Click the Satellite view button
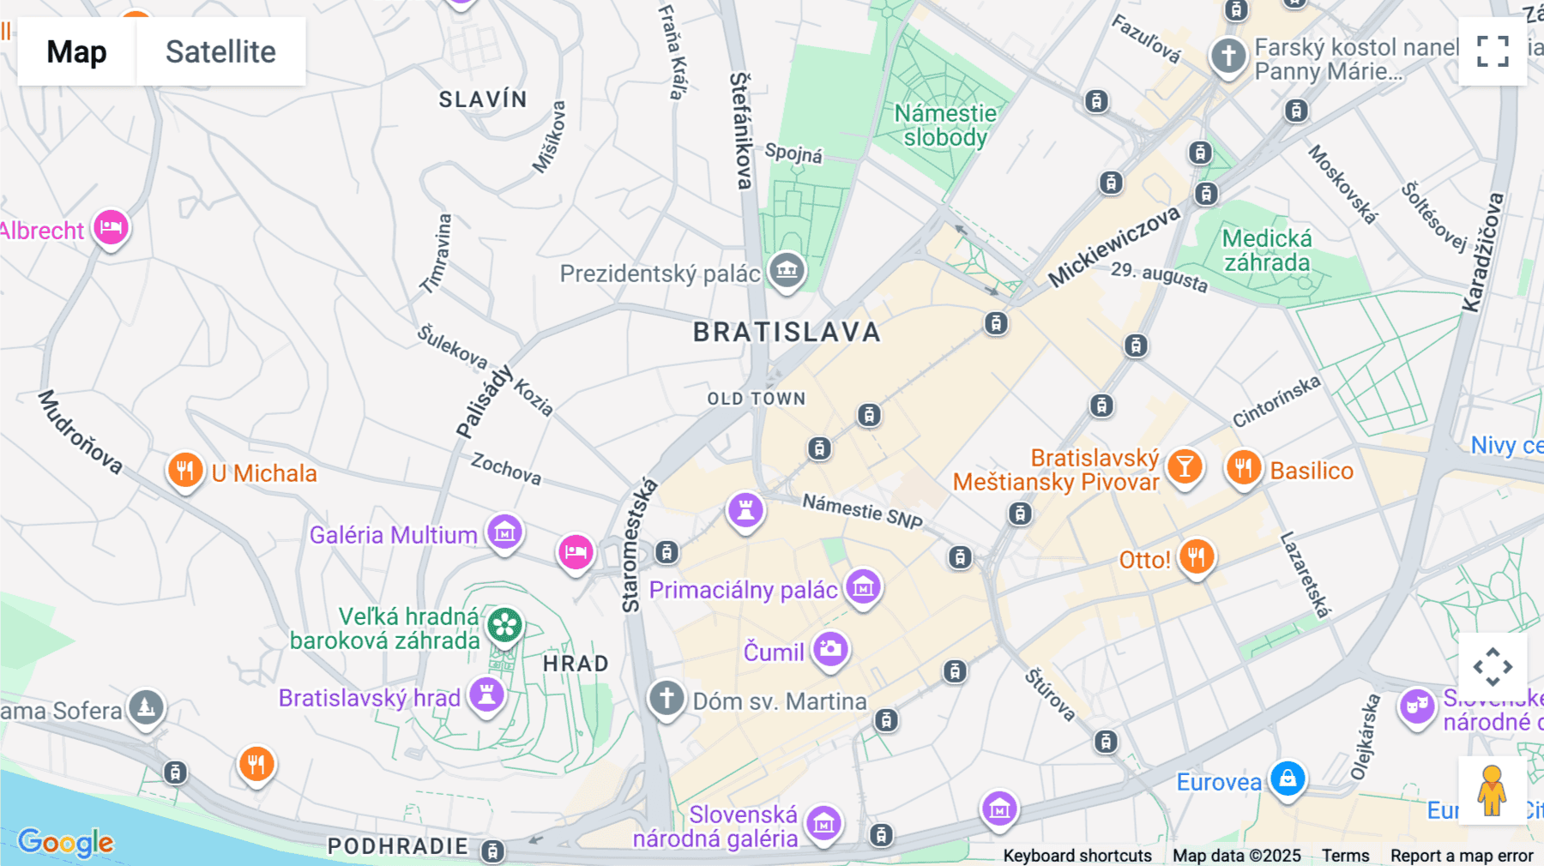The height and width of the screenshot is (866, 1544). [x=220, y=51]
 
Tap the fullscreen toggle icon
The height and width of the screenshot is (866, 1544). [x=1493, y=51]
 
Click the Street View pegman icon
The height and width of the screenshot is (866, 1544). [x=1492, y=790]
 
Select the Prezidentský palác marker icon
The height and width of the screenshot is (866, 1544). [x=787, y=270]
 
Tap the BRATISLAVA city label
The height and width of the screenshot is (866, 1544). [x=787, y=332]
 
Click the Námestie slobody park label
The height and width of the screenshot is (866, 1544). [x=945, y=125]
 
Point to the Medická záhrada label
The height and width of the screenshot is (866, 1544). [x=1267, y=250]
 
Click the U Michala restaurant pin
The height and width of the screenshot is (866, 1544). [x=185, y=469]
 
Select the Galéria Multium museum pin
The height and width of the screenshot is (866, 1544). [x=504, y=532]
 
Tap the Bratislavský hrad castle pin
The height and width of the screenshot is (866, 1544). [x=486, y=694]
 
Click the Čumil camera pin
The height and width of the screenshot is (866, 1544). [x=830, y=649]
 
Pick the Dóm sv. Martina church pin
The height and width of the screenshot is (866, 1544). [x=666, y=698]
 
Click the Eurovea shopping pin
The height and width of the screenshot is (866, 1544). [x=1288, y=779]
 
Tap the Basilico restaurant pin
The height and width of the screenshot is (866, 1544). [x=1243, y=467]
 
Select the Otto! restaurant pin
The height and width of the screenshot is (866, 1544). [x=1196, y=556]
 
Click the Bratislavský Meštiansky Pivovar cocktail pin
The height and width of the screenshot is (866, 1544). [x=1185, y=467]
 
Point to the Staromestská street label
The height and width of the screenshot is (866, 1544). [x=638, y=545]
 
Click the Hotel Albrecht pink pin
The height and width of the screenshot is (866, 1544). [x=111, y=228]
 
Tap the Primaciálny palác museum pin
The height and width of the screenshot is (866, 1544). [x=863, y=587]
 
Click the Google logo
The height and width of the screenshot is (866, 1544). [x=65, y=842]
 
